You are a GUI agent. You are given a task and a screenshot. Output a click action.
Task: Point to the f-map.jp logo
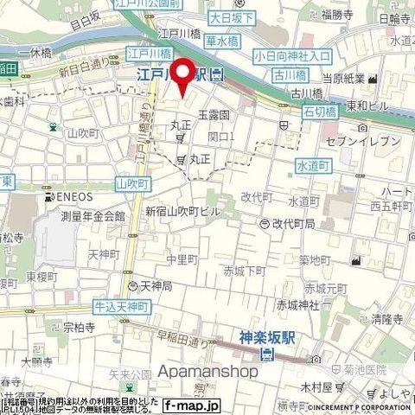pyautogui.click(x=193, y=405)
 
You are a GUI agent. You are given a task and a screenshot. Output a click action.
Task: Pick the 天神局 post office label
pyautogui.click(x=156, y=285)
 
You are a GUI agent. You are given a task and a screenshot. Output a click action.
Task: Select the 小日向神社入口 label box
pyautogui.click(x=292, y=55)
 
